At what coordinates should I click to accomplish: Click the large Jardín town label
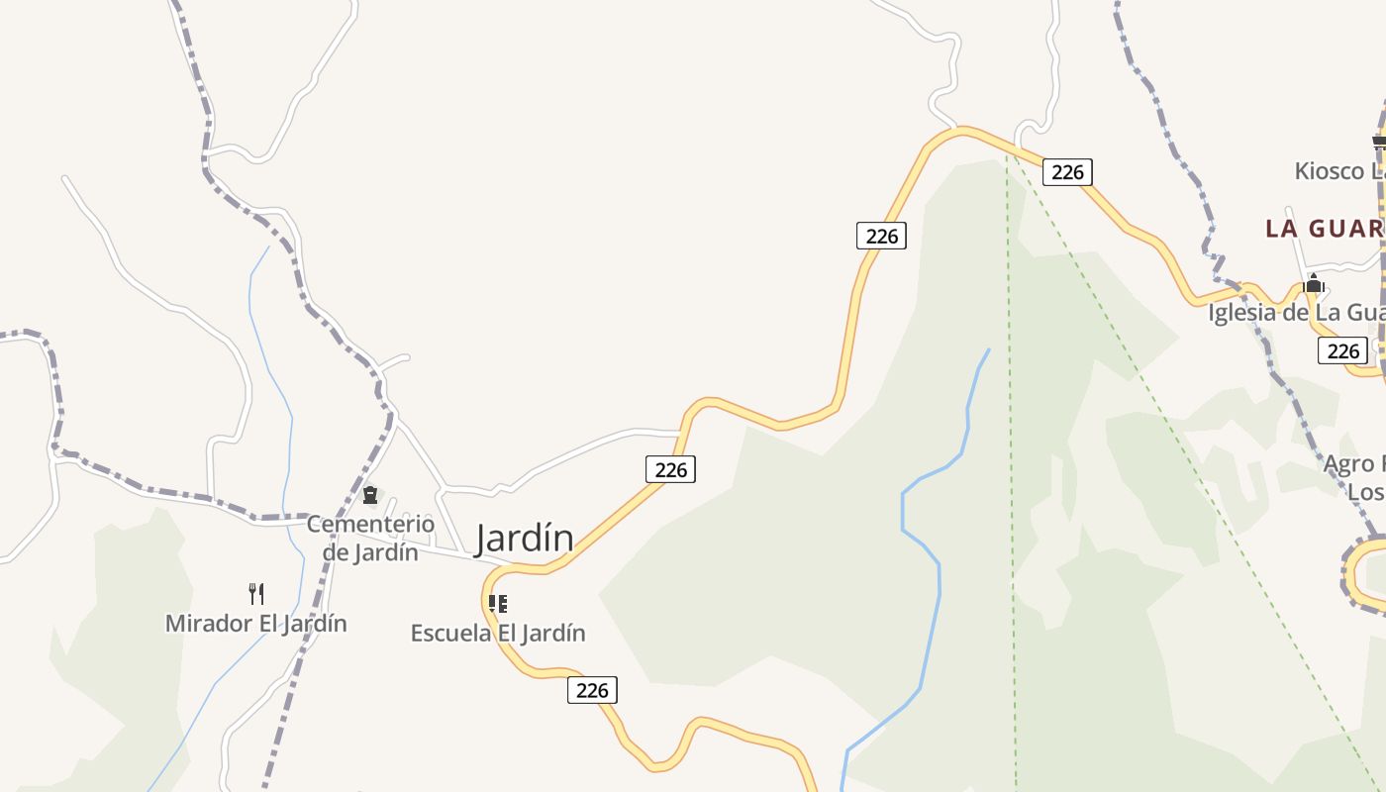[525, 538]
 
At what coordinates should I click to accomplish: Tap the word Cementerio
[370, 524]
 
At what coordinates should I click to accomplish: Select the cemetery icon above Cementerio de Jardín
[370, 494]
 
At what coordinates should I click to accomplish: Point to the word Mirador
[201, 624]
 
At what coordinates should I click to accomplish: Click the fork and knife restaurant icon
[256, 593]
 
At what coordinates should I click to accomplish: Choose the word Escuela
[451, 633]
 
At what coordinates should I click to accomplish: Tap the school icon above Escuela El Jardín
[498, 603]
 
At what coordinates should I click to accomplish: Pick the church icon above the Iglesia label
[1314, 284]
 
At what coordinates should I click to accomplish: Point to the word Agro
[1349, 463]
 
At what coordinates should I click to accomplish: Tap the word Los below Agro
[1365, 492]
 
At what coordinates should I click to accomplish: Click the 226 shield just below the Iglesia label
[1342, 350]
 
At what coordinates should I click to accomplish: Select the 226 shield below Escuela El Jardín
[592, 690]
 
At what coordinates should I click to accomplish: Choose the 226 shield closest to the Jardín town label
[670, 469]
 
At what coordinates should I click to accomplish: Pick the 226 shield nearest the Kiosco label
[1067, 172]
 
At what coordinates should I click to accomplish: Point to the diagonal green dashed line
[1188, 455]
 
